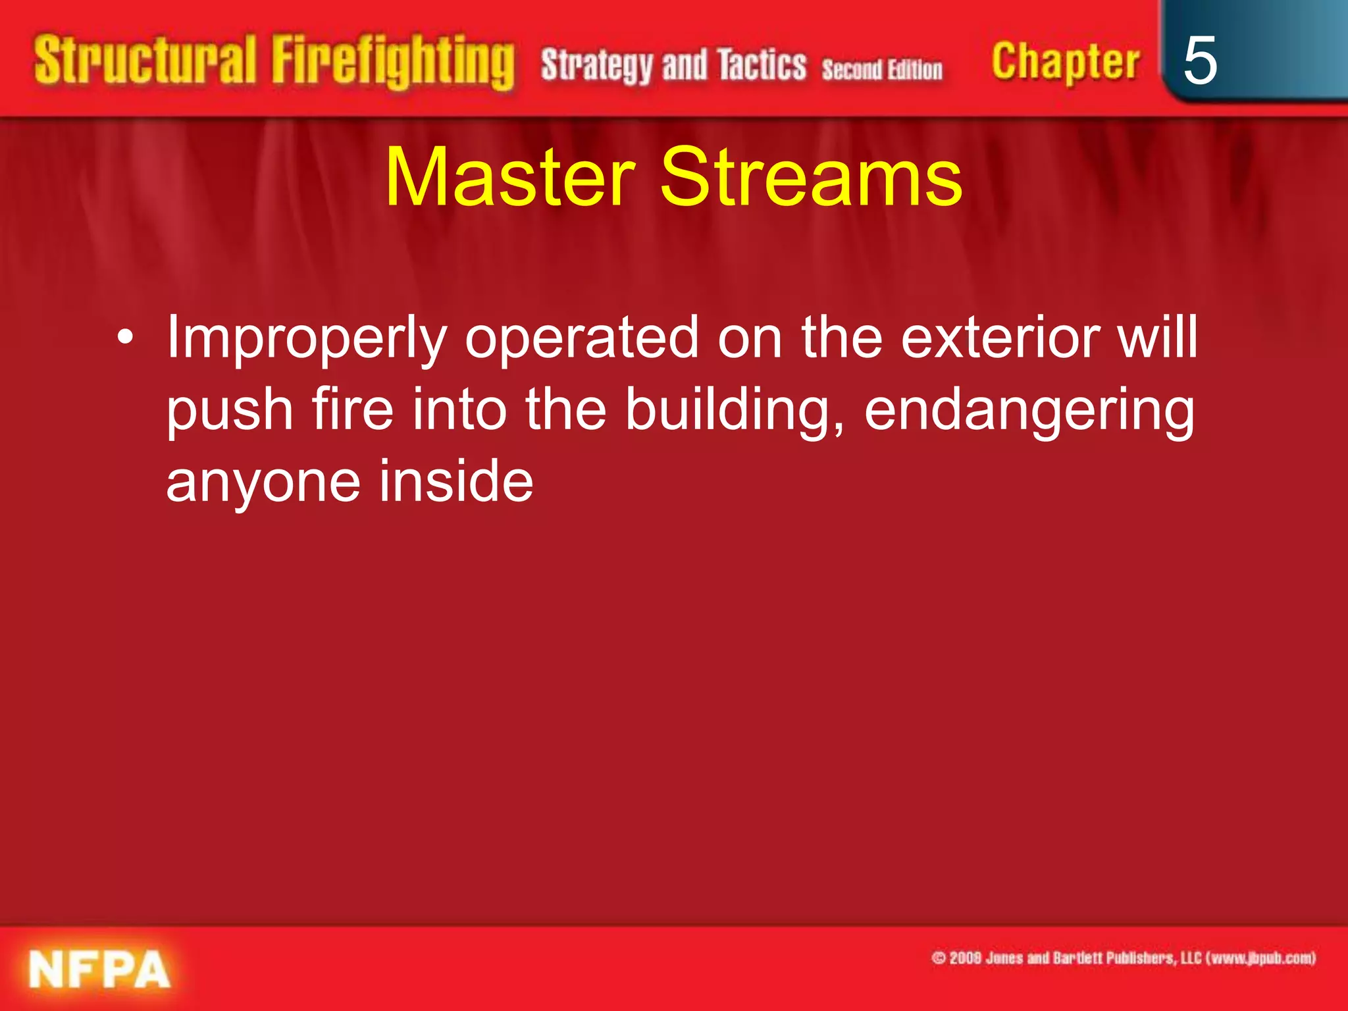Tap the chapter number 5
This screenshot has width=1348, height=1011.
[1200, 61]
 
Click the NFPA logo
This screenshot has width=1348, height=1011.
[99, 969]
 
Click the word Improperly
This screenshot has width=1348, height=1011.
[307, 338]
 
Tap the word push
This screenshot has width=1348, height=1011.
[230, 411]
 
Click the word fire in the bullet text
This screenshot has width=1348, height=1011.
[352, 409]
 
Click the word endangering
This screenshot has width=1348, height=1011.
[1029, 411]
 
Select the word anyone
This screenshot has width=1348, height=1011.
[263, 483]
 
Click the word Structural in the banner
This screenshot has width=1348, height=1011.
[145, 61]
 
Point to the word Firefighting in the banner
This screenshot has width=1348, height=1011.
[393, 62]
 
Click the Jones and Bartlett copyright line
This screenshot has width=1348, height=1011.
[1123, 958]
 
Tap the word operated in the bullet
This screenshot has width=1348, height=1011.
[581, 338]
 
